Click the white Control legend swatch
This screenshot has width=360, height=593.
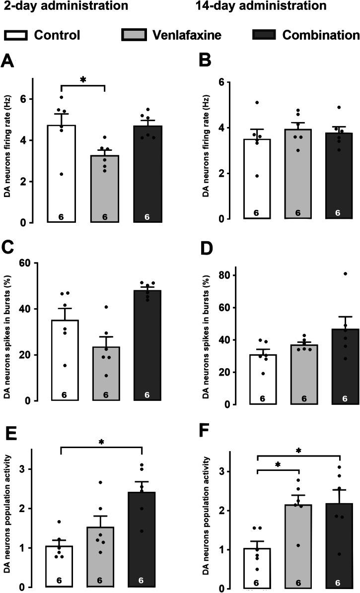pos(15,35)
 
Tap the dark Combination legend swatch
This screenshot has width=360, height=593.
pos(263,35)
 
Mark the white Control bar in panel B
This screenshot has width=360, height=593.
pos(257,179)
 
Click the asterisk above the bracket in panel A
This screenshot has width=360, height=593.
pos(83,79)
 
